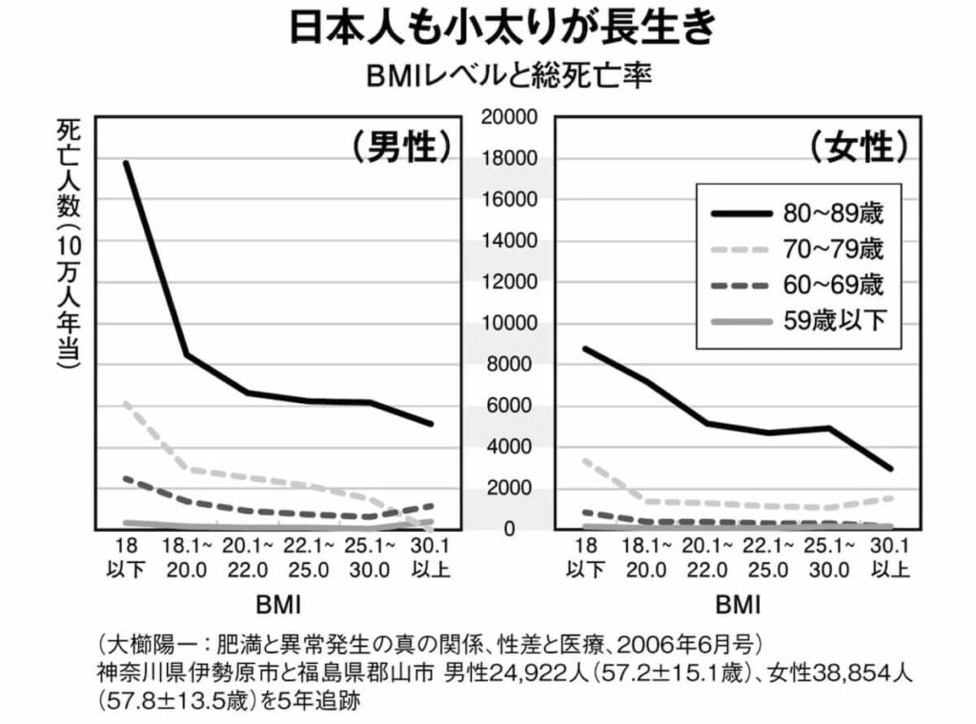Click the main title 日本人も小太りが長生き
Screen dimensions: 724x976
487,28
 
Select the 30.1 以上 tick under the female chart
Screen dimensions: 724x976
888,558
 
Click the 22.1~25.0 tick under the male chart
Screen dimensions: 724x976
310,558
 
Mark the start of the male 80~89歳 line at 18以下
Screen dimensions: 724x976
127,163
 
